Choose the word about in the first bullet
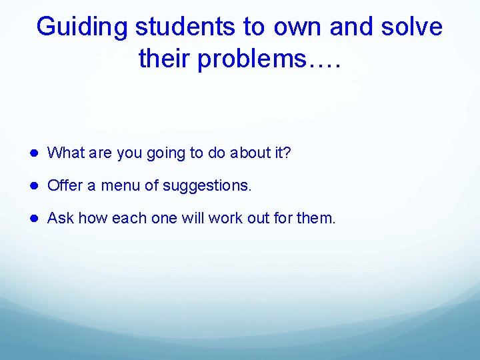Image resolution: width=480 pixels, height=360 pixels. (249, 153)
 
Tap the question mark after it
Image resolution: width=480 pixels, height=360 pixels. (287, 153)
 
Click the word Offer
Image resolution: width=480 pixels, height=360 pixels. (64, 185)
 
